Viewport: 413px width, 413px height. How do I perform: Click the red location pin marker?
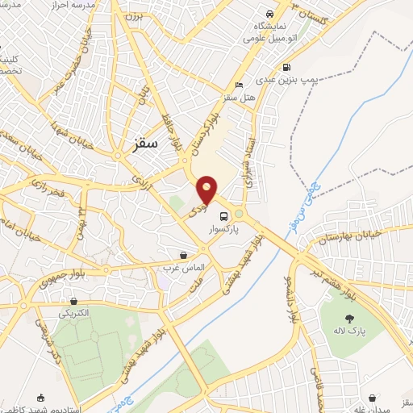(207, 190)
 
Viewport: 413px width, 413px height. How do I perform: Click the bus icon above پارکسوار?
(223, 215)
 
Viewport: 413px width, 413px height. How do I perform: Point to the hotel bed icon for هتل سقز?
(237, 85)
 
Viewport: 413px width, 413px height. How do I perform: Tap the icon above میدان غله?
(371, 398)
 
